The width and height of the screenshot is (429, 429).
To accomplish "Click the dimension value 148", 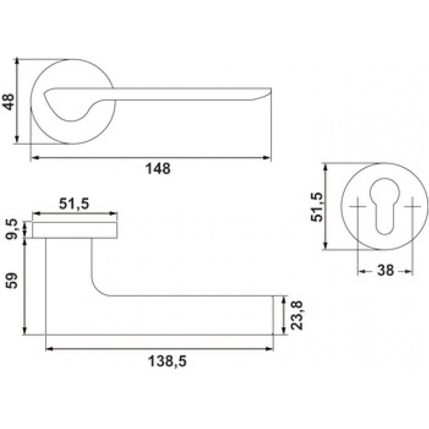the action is click(x=158, y=169).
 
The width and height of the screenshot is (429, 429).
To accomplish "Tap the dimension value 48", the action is click(x=8, y=102).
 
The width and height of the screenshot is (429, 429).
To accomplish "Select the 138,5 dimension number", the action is click(x=167, y=361).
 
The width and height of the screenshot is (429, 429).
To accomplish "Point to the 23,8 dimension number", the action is click(x=297, y=315).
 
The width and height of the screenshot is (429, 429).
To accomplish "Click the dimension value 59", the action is click(x=11, y=281).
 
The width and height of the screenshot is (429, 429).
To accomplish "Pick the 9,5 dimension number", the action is click(x=12, y=229).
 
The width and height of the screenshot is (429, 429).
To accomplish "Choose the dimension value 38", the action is click(x=386, y=271).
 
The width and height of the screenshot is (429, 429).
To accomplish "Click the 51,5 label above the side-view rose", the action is click(x=74, y=204).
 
